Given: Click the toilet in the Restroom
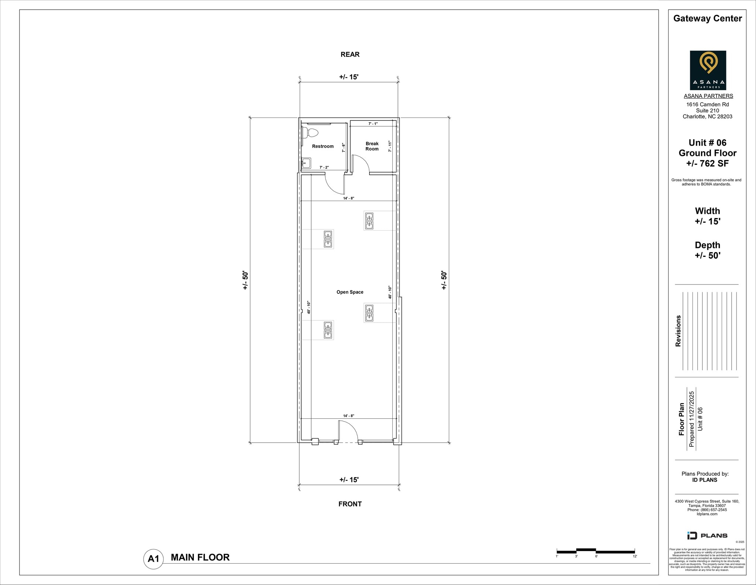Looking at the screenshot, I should pyautogui.click(x=311, y=133).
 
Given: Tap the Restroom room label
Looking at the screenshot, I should pyautogui.click(x=323, y=146).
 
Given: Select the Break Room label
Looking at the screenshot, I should pyautogui.click(x=372, y=146).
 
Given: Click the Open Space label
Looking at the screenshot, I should pyautogui.click(x=350, y=292).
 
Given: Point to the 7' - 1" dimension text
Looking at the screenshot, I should pyautogui.click(x=373, y=124).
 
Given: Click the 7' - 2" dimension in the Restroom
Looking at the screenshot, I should pyautogui.click(x=324, y=167).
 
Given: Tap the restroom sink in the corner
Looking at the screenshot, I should pyautogui.click(x=306, y=163).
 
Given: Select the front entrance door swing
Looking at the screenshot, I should pyautogui.click(x=348, y=431).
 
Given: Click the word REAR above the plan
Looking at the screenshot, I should pyautogui.click(x=350, y=55).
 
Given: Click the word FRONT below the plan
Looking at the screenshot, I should pyautogui.click(x=350, y=504).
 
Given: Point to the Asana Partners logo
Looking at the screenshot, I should pyautogui.click(x=708, y=70).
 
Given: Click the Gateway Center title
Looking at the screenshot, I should pyautogui.click(x=707, y=18).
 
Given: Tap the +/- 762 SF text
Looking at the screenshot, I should pyautogui.click(x=707, y=163).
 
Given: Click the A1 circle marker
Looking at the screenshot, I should pyautogui.click(x=153, y=559).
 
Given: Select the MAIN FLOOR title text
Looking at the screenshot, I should pyautogui.click(x=200, y=557).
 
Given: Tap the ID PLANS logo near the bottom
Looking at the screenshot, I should pyautogui.click(x=707, y=535).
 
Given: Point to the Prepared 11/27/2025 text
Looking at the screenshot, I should pyautogui.click(x=691, y=419).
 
